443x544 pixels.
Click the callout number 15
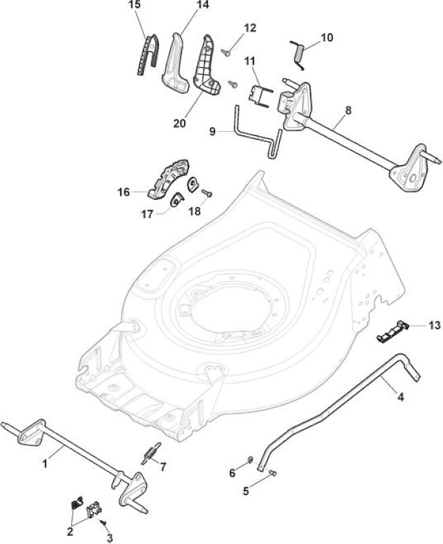[135, 5]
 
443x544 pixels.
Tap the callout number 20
[179, 123]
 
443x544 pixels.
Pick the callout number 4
[400, 397]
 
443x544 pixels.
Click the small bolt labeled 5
[272, 472]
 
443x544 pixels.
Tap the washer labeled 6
[250, 460]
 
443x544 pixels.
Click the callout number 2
[70, 531]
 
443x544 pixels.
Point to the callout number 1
[45, 463]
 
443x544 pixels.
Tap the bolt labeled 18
[207, 193]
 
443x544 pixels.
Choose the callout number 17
[147, 214]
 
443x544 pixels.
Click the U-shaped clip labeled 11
[260, 95]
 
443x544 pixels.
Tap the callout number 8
[349, 110]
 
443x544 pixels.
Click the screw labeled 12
[226, 52]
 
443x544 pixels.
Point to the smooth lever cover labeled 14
[175, 63]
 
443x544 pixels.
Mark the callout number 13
[434, 325]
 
